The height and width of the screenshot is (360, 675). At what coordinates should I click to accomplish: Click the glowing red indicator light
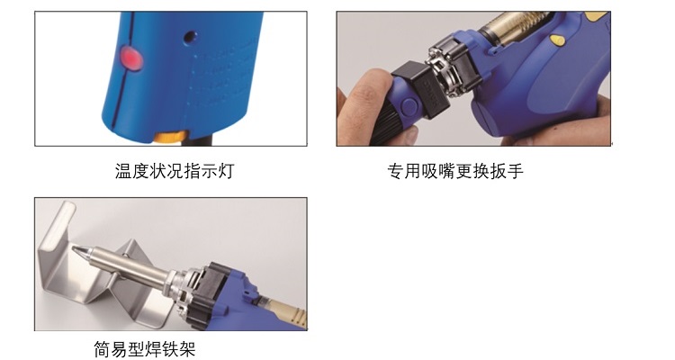(x=131, y=58)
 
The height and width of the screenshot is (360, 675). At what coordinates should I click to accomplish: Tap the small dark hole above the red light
(x=191, y=37)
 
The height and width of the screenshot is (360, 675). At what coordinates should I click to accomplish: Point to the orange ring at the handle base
(x=170, y=138)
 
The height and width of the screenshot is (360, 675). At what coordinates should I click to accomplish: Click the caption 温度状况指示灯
(x=175, y=171)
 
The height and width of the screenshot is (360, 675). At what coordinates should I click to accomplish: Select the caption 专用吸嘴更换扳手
(x=455, y=171)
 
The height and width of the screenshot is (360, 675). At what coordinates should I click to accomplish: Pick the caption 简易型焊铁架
(x=145, y=348)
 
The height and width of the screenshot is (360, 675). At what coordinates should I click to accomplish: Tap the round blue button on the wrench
(x=408, y=106)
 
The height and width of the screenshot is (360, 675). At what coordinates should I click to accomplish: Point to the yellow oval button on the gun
(x=557, y=40)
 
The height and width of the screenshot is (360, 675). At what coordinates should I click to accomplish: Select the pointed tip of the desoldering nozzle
(x=73, y=248)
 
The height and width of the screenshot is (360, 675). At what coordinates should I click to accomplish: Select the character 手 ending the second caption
(x=516, y=171)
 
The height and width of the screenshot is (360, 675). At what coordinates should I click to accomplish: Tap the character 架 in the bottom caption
(x=188, y=348)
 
